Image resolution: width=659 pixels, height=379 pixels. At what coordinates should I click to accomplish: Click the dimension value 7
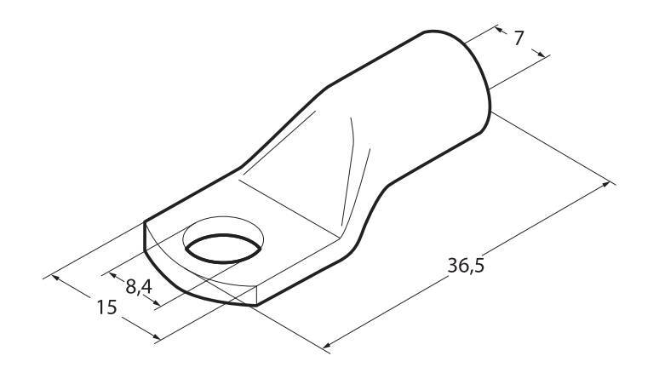tap(519, 38)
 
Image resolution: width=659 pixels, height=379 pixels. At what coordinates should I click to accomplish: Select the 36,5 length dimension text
tap(466, 266)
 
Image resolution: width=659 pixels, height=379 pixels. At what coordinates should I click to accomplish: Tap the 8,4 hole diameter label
tap(139, 286)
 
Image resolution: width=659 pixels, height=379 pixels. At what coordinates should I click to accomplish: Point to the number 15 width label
tap(106, 307)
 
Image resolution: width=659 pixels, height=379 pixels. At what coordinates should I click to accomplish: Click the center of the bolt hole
tap(222, 249)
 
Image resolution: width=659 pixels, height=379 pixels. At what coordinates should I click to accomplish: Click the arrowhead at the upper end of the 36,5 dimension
tap(605, 184)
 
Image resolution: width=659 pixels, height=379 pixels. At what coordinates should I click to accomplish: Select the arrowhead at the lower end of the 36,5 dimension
tap(327, 345)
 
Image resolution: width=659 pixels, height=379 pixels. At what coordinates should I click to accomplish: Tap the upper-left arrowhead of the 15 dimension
tap(54, 277)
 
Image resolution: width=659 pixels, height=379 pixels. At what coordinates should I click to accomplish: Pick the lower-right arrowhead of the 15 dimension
tap(156, 336)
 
